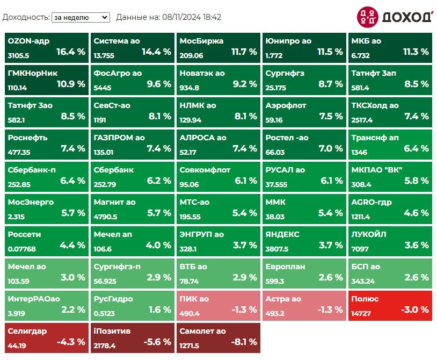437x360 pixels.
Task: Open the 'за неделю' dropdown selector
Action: [x=81, y=17]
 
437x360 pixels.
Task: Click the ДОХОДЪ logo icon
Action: [x=368, y=17]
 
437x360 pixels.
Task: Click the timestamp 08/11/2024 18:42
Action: [x=191, y=17]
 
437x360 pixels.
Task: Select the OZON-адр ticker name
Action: [x=28, y=41]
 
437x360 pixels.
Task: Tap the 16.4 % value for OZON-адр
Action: [x=71, y=52]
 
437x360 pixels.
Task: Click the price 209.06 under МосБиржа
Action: [x=192, y=55]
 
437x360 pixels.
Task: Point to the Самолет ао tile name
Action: [x=203, y=331]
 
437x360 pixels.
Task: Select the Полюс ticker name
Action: [x=365, y=299]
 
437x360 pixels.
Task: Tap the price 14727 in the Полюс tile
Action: [x=361, y=313]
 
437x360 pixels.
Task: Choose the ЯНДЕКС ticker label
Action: [x=282, y=234]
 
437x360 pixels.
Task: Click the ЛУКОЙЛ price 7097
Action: [x=360, y=249]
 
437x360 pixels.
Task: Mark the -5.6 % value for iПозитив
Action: [x=157, y=342]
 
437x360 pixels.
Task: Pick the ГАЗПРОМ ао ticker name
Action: [x=119, y=138]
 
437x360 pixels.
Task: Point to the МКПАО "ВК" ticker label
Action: [x=377, y=170]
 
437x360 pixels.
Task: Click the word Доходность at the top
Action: [x=26, y=17]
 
